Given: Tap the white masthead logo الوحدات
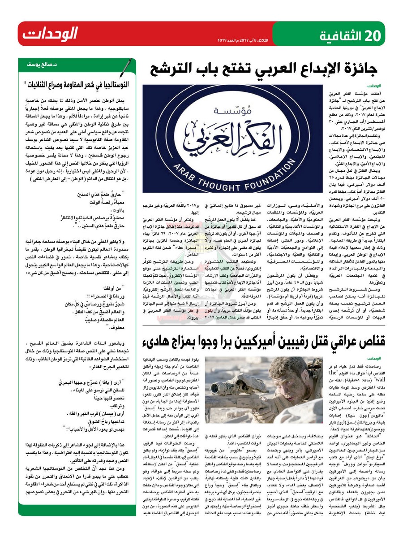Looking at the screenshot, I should tap(51, 34).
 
